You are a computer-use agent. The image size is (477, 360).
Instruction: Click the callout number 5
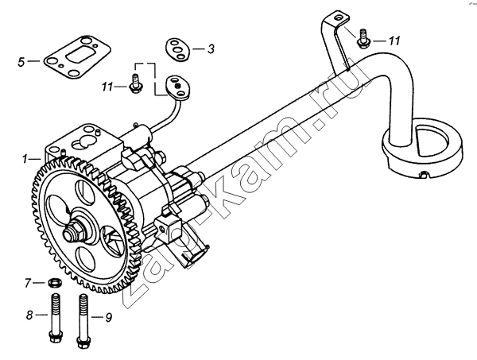[x=21, y=62]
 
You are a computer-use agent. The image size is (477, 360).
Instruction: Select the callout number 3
[x=211, y=49]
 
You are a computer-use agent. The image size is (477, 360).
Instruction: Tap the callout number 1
[x=25, y=159]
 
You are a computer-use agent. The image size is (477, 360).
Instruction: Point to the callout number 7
[x=28, y=284]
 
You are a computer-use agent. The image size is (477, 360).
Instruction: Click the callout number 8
[x=29, y=315]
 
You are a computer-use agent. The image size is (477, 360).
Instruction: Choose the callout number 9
[x=109, y=317]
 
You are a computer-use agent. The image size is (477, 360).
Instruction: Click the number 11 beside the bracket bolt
[x=394, y=41]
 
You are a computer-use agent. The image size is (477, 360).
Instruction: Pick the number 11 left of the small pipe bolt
[x=107, y=87]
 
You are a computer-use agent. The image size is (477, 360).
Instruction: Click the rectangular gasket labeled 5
[x=76, y=57]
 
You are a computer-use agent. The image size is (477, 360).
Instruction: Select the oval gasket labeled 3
[x=177, y=49]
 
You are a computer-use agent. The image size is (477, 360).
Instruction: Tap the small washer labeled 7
[x=55, y=283]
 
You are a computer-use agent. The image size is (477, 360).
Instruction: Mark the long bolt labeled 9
[x=83, y=321]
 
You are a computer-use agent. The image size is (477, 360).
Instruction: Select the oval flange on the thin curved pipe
[x=177, y=88]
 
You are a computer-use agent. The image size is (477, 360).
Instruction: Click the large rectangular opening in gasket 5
[x=77, y=56]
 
